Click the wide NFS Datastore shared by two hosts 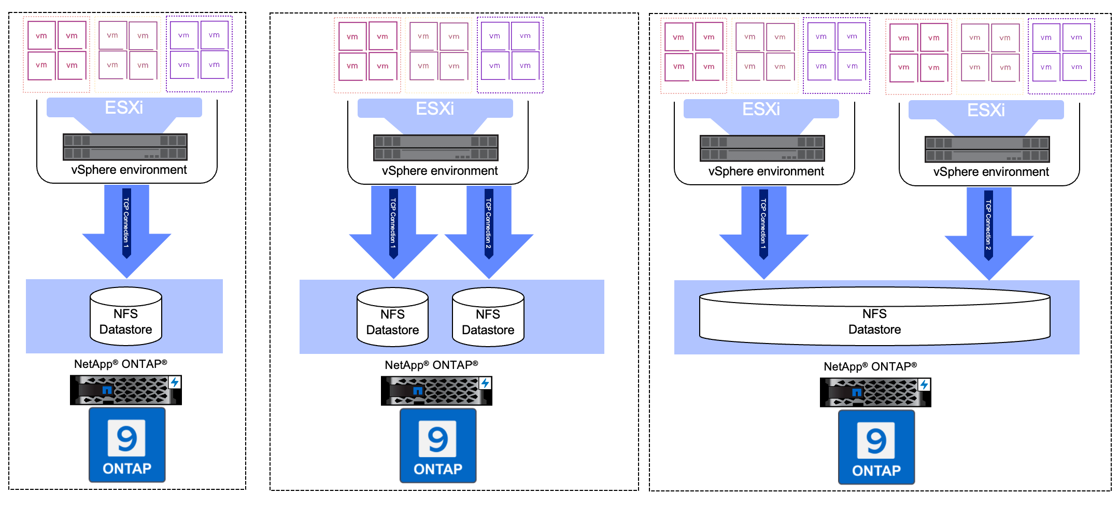[874, 318]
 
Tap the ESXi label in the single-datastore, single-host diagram [124, 107]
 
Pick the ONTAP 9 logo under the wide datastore [876, 447]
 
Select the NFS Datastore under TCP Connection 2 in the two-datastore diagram [488, 317]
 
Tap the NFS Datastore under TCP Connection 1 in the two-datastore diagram [392, 317]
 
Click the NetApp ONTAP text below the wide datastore [870, 366]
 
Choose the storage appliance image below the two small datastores [436, 391]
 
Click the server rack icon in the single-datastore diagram [125, 147]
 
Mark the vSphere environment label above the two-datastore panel [440, 171]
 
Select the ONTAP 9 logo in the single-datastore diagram [127, 445]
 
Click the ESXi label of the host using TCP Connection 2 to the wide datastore [986, 110]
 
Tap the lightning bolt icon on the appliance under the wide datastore [924, 385]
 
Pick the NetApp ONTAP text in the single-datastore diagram [120, 364]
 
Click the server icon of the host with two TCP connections [435, 148]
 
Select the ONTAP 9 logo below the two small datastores [437, 446]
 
